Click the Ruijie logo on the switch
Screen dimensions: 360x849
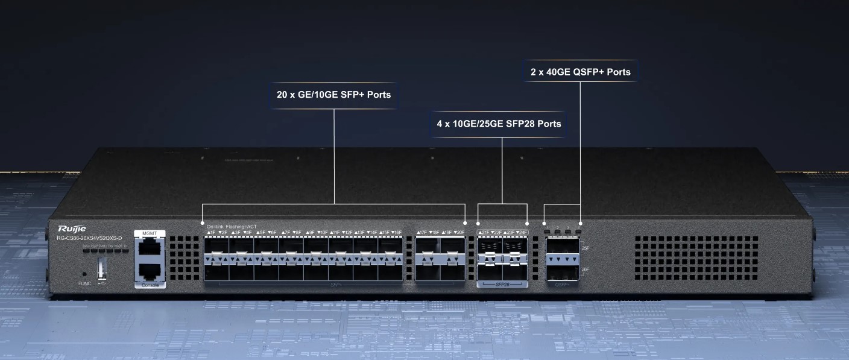[72, 229]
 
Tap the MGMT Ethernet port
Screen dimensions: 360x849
[149, 248]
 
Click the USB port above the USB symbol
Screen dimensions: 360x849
[102, 268]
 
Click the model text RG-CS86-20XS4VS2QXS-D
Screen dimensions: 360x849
[89, 238]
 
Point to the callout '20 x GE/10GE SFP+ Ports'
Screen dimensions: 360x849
[333, 95]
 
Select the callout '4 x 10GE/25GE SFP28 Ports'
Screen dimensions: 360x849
[499, 124]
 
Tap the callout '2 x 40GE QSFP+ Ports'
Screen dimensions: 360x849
[580, 72]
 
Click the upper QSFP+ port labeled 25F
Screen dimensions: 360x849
[561, 248]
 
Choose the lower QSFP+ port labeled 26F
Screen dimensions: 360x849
[561, 270]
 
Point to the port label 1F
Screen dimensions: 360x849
[211, 232]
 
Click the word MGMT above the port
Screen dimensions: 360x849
[149, 233]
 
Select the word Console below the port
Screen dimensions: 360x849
[149, 285]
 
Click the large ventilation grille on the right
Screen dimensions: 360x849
[696, 258]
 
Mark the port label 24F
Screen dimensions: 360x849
[522, 232]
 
